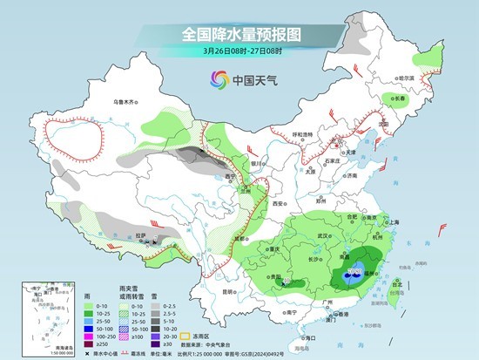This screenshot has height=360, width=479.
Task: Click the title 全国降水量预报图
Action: [x=239, y=35]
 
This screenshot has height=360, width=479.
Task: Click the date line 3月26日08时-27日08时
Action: [x=239, y=51]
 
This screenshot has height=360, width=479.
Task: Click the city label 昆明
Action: [x=228, y=291]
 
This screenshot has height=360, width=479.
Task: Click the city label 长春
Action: [x=400, y=99]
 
